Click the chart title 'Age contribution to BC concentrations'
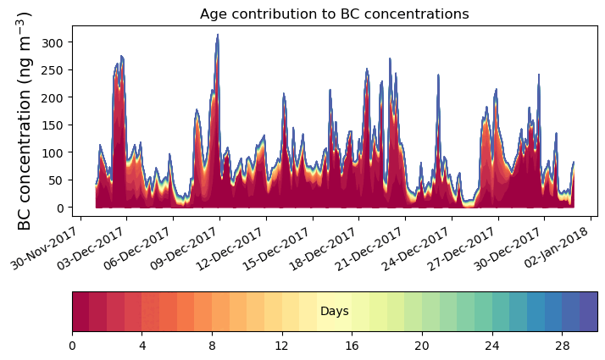pyautogui.click(x=334, y=14)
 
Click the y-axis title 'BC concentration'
pyautogui.click(x=25, y=120)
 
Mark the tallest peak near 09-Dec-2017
pyautogui.click(x=218, y=36)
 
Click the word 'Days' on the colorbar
pyautogui.click(x=335, y=312)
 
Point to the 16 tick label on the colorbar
pyautogui.click(x=352, y=346)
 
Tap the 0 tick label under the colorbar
pyautogui.click(x=72, y=346)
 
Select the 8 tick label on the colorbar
pyautogui.click(x=212, y=346)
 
